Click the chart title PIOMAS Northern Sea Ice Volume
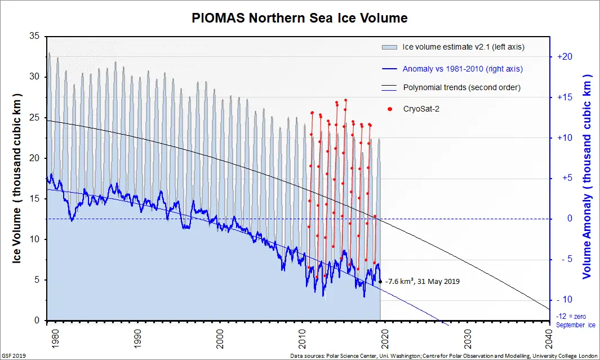tap(300, 18)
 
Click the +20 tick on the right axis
tap(565, 57)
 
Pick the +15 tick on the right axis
tap(565, 97)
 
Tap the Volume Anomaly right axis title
tap(588, 176)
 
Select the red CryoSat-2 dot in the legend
tap(390, 109)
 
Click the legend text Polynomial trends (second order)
tap(461, 88)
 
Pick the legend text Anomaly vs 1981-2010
tap(463, 69)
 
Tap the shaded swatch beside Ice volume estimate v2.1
tap(390, 47)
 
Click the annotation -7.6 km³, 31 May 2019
tap(423, 281)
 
